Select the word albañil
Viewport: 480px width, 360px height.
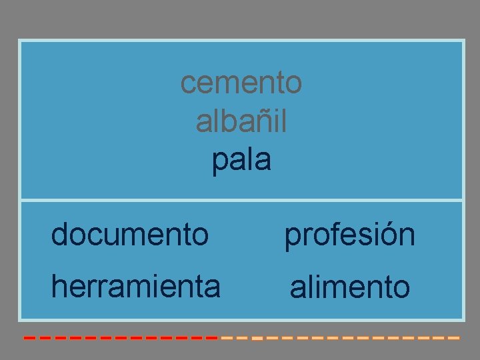tap(241, 121)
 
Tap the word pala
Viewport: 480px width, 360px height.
tap(241, 161)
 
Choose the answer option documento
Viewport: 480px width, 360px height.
tap(130, 234)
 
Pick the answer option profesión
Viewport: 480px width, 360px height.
tap(350, 235)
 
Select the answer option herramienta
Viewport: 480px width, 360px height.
tap(136, 287)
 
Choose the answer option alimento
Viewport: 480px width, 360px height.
tap(350, 287)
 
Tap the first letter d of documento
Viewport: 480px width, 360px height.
tap(60, 234)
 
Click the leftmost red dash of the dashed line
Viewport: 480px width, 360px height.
tap(29, 338)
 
